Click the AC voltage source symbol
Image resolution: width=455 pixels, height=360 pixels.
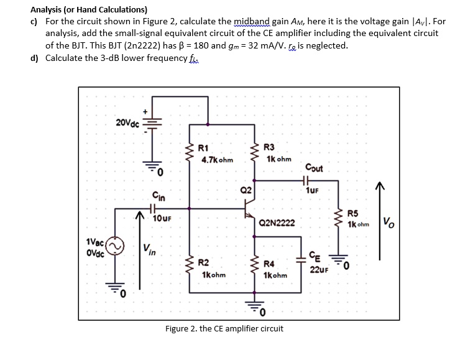[x=114, y=248]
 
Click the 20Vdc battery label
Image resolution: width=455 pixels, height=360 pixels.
[x=129, y=122]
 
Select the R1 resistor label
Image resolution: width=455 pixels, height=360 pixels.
[x=203, y=148]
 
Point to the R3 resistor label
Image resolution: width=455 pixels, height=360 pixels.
[x=269, y=147]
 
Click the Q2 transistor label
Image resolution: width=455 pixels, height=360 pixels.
[x=247, y=189]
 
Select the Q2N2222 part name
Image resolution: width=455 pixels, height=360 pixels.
[x=277, y=222]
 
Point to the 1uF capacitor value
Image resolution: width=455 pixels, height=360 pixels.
[x=312, y=192]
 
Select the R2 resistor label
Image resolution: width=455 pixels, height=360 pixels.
[x=203, y=263]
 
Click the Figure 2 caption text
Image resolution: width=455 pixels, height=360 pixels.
[x=224, y=328]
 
